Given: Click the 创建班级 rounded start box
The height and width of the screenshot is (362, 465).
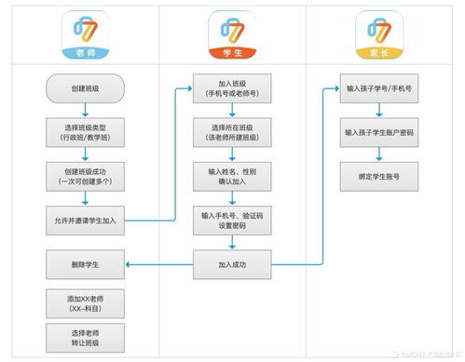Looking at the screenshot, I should pyautogui.click(x=84, y=88).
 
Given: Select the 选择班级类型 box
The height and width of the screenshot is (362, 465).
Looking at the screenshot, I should pyautogui.click(x=84, y=132).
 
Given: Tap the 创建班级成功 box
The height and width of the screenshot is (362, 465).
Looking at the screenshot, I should pyautogui.click(x=84, y=176).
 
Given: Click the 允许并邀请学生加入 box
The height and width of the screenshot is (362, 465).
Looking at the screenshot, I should pyautogui.click(x=84, y=220).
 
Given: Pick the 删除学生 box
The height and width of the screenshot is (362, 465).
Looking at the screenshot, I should pyautogui.click(x=84, y=264).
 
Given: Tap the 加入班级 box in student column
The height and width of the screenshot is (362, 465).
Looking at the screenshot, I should pyautogui.click(x=232, y=88).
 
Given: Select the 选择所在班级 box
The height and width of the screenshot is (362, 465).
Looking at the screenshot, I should pyautogui.click(x=232, y=132).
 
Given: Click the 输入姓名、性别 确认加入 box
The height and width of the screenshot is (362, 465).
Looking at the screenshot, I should pyautogui.click(x=232, y=176).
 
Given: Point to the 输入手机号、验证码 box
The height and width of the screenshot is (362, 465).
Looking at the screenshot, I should pyautogui.click(x=232, y=220).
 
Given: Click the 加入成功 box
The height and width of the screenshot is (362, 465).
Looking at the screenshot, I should pyautogui.click(x=232, y=264).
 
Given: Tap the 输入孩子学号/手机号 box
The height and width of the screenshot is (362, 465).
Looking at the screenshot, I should pyautogui.click(x=379, y=88).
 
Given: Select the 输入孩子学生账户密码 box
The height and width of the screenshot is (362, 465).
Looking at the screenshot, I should pyautogui.click(x=379, y=132).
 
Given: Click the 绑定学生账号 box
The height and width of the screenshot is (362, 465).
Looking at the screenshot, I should pyautogui.click(x=379, y=175).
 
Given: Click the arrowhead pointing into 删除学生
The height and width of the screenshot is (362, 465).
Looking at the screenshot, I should pyautogui.click(x=130, y=264).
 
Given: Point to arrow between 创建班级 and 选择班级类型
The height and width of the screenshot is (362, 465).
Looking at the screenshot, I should pyautogui.click(x=84, y=110).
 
